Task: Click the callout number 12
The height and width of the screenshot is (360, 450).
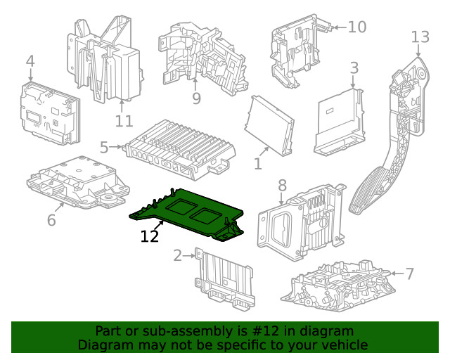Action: (x=150, y=236)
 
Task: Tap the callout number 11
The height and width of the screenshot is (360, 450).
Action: (x=124, y=121)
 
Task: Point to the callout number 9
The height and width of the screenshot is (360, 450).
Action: (x=196, y=98)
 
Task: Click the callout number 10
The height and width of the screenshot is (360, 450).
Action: (x=356, y=27)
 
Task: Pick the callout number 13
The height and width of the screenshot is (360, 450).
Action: (x=419, y=37)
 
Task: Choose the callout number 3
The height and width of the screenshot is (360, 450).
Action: (x=354, y=68)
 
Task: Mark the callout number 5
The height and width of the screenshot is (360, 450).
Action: (x=104, y=148)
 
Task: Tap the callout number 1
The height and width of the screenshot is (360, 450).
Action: (x=257, y=164)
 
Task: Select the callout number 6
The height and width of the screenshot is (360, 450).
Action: (x=51, y=220)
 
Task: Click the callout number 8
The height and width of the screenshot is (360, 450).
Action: (x=282, y=186)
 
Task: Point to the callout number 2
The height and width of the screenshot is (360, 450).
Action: (x=178, y=255)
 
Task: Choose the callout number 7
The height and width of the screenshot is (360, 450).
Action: (x=410, y=273)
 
